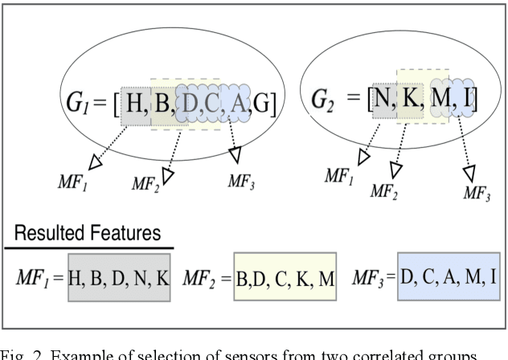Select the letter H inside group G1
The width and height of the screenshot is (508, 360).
[136, 104]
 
